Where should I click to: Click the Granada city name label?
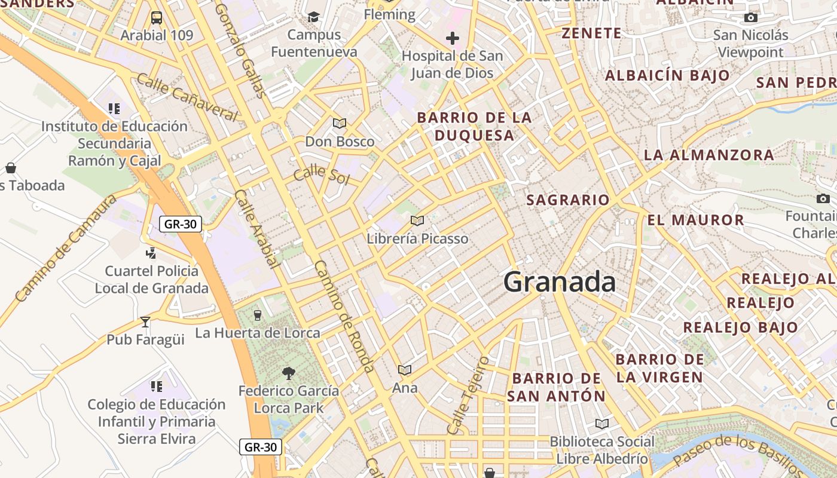coord(559,282)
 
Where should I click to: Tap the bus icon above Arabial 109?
coord(157,18)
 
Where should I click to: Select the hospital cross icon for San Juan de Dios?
coord(453,39)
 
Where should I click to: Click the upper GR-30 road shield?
coord(181,224)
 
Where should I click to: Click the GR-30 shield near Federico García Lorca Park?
coord(261,447)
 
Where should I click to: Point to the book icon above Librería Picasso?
coord(417,220)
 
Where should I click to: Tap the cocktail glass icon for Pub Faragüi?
coord(145,322)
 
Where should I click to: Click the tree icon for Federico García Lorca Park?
coord(288,373)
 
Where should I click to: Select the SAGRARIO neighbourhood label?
coord(567,200)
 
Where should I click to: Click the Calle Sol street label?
coord(321,174)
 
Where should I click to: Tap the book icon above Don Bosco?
coord(340,124)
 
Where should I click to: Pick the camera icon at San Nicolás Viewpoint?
coord(751,18)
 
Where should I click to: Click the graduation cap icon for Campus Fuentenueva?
coord(314,17)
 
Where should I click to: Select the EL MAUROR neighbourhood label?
coord(695,220)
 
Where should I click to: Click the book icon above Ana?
coord(405,370)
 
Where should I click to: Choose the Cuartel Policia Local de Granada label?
coord(152,280)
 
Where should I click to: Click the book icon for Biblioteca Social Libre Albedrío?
coord(602,424)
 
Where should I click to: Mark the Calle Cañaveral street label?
coord(187,97)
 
